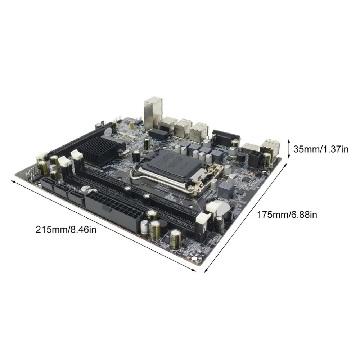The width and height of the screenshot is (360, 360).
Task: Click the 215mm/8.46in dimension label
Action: tap(66, 229)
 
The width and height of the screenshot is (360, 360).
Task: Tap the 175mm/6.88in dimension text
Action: tap(287, 215)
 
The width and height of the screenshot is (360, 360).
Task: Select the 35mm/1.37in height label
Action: tap(321, 149)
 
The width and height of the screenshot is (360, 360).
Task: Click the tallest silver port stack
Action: tap(153, 112)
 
